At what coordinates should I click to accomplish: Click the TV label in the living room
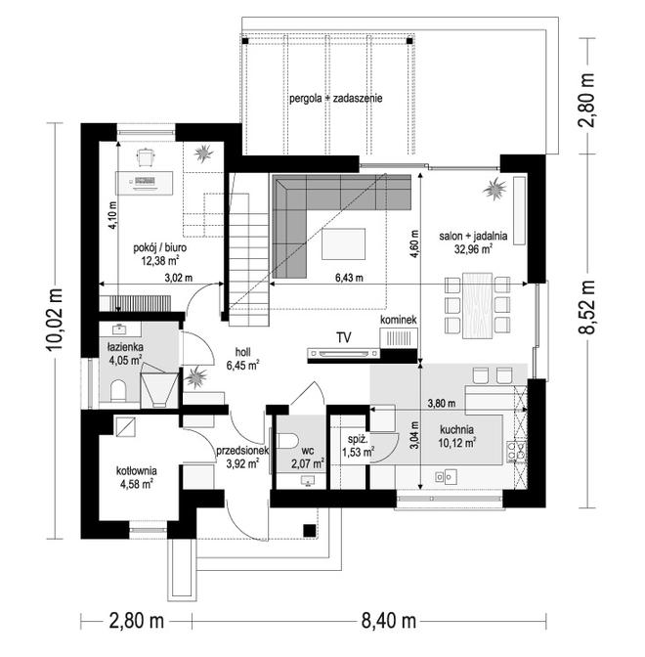[x=343, y=337]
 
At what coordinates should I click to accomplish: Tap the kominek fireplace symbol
[x=399, y=337]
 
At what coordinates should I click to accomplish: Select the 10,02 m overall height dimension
[x=55, y=320]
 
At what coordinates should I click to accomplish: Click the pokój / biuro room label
[x=159, y=247]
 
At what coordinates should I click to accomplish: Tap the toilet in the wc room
[x=287, y=441]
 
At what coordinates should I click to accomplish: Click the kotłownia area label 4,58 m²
[x=136, y=485]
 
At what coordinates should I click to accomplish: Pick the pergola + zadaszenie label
[x=336, y=99]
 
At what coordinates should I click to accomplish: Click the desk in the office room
[x=144, y=183]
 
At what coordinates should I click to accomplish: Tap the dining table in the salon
[x=477, y=305]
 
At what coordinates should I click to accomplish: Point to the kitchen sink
[x=446, y=477]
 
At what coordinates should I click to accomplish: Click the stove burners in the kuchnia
[x=516, y=452]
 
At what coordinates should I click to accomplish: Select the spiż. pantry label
[x=358, y=440]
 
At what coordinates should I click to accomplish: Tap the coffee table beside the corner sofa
[x=343, y=243]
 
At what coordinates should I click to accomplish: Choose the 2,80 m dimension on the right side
[x=586, y=100]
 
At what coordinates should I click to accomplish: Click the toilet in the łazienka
[x=118, y=391]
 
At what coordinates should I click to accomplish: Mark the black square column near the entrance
[x=310, y=530]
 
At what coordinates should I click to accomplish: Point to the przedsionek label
[x=242, y=451]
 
